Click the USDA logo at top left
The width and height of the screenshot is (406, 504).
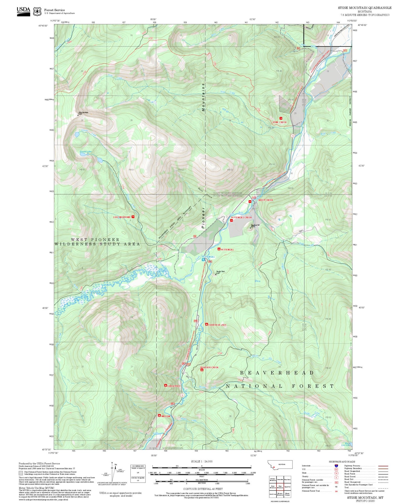(23, 11)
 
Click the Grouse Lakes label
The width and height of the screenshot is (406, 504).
(85, 151)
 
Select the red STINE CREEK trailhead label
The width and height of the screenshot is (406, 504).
(280, 122)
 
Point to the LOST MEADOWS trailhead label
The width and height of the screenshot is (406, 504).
(122, 217)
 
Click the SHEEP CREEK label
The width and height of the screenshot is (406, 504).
(266, 200)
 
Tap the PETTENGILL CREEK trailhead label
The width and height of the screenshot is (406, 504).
(241, 217)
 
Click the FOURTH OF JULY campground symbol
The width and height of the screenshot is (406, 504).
(207, 324)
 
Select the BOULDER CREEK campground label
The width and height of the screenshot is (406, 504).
(209, 367)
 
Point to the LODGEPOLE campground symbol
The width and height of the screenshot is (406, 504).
(166, 386)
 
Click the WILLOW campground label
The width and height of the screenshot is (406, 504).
(166, 416)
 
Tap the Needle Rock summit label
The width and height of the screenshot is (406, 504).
(220, 272)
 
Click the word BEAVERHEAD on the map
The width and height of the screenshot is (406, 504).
(277, 373)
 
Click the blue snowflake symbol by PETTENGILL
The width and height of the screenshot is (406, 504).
(203, 260)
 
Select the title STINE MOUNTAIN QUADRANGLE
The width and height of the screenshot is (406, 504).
(364, 8)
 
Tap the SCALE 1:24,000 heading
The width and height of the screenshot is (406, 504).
(201, 461)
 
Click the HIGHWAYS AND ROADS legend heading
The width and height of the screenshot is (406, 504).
(342, 462)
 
